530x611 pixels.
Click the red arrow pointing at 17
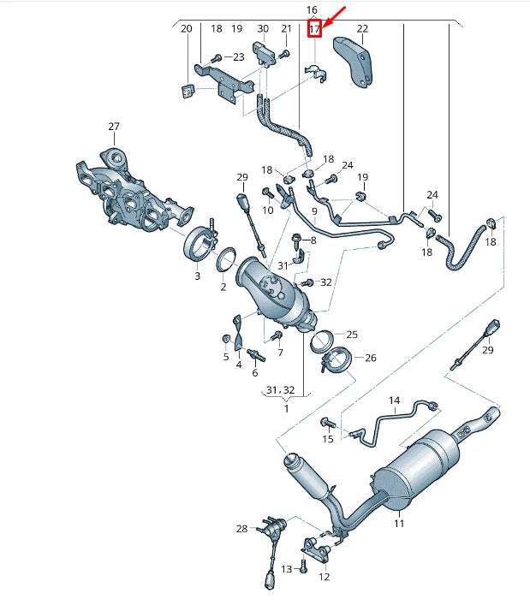[x=333, y=17]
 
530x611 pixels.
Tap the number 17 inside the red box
[x=314, y=28]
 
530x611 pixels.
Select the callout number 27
[x=114, y=127]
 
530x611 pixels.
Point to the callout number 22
[x=362, y=28]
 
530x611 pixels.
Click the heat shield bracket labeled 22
[x=353, y=61]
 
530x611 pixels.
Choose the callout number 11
[x=399, y=524]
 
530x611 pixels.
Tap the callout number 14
[x=394, y=400]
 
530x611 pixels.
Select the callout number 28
[x=241, y=528]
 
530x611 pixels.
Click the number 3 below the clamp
[x=197, y=276]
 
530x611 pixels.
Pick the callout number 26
[x=371, y=358]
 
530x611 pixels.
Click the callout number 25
[x=352, y=335]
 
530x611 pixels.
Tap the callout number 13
[x=287, y=569]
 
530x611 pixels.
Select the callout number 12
[x=325, y=577]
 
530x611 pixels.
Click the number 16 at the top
[x=312, y=9]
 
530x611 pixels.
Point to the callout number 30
[x=263, y=28]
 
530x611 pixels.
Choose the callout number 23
[x=239, y=56]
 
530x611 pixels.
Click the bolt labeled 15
[x=327, y=422]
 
